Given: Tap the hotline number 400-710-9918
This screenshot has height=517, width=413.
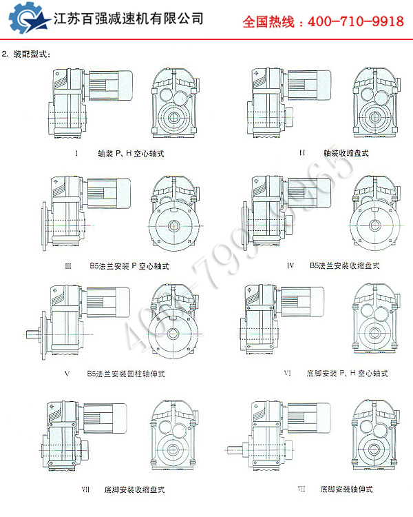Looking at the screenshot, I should pos(323,21).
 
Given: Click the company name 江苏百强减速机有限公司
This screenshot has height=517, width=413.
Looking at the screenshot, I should pos(129,19).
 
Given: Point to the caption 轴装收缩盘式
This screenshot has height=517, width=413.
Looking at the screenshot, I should pos(345,153).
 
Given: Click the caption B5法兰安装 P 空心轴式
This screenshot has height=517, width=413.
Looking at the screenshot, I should pos(129,265).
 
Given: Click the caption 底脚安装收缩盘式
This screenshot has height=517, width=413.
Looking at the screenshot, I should pos(134,489).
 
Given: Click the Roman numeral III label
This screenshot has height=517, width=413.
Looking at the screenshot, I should pos(67,265).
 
